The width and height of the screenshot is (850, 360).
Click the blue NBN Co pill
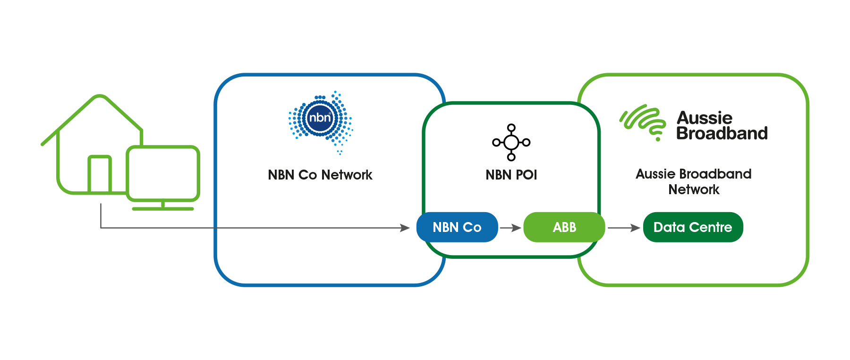(x=457, y=227)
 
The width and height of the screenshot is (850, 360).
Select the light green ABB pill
(x=564, y=227)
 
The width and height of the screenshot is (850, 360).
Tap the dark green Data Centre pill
(x=693, y=227)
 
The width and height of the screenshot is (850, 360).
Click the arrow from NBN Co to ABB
(x=510, y=228)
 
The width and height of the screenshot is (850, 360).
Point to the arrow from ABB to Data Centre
(x=623, y=228)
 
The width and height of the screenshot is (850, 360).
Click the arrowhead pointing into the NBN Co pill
(x=405, y=228)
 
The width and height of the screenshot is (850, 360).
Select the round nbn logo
(x=320, y=117)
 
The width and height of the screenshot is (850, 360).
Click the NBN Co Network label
(x=320, y=175)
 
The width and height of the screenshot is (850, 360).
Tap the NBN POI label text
(x=511, y=175)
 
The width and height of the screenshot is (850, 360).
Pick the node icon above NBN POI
(x=511, y=142)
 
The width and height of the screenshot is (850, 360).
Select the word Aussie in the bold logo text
(x=705, y=118)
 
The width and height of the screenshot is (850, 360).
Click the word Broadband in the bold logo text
(x=722, y=133)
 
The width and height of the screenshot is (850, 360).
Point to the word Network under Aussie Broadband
(x=694, y=189)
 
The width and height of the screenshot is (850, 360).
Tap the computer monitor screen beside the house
(x=163, y=173)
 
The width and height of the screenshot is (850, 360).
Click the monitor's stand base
(x=163, y=208)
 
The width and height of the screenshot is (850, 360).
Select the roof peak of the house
(x=100, y=97)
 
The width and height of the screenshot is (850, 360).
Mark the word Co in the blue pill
(x=472, y=227)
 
